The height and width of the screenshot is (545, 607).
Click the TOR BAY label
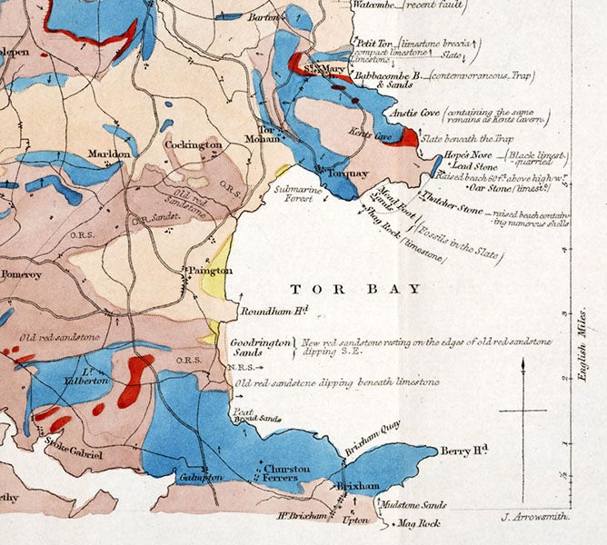click(x=356, y=289)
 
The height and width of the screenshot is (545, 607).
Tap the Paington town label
click(x=211, y=271)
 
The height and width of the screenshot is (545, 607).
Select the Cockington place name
click(x=194, y=144)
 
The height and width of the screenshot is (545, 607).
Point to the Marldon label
click(x=109, y=155)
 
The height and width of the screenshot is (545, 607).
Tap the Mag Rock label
click(x=418, y=523)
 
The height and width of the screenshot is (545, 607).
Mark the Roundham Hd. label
click(x=274, y=311)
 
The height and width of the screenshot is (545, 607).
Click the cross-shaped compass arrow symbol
click(x=523, y=413)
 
